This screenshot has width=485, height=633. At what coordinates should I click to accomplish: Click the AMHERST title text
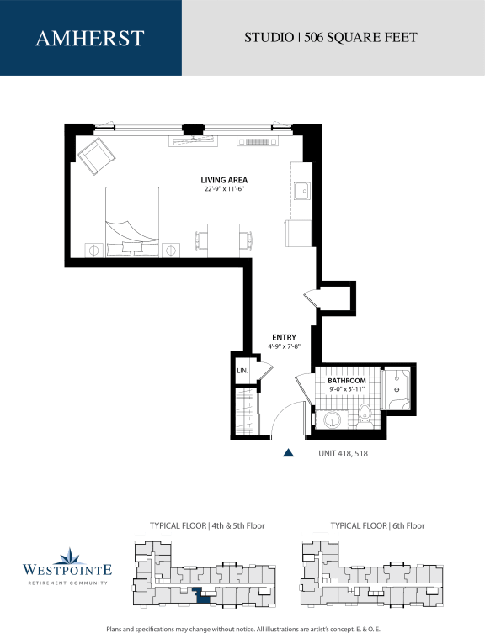click(x=90, y=38)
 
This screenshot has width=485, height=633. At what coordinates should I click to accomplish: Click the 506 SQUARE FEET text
click(x=361, y=38)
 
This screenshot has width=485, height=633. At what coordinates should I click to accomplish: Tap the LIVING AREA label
click(x=224, y=180)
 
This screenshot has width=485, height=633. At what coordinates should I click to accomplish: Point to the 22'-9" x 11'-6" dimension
click(x=224, y=190)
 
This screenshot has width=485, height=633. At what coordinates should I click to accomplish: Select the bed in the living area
click(x=132, y=218)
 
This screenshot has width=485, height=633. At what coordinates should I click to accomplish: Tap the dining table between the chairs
click(x=223, y=238)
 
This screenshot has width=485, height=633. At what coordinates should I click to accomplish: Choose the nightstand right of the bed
click(x=171, y=250)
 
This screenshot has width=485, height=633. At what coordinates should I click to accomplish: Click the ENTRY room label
click(x=284, y=337)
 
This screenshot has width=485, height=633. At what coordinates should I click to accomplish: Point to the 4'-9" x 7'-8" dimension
click(x=284, y=346)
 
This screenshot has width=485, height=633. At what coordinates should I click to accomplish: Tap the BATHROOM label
click(x=347, y=381)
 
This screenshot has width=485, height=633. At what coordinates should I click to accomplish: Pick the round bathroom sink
click(x=333, y=419)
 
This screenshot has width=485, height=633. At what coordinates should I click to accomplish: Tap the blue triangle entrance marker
click(x=288, y=452)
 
